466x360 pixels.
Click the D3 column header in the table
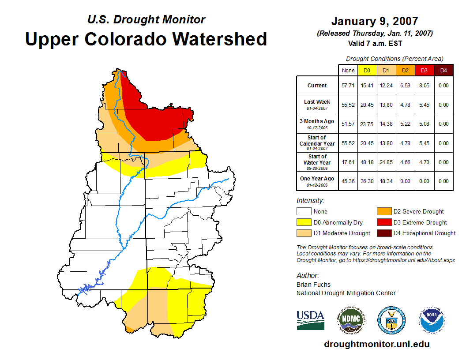[424, 70]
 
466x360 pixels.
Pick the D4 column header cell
[443, 70]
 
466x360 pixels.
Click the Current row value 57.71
[348, 86]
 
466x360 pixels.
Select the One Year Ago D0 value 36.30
[367, 181]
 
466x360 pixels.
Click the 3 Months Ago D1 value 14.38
[386, 124]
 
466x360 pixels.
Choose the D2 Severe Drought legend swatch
[383, 212]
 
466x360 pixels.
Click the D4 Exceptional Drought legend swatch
[383, 233]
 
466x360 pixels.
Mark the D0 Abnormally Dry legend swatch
[304, 222]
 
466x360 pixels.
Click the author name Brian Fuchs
[313, 285]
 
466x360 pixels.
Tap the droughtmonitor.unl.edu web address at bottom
[376, 344]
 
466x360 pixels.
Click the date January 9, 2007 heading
[375, 21]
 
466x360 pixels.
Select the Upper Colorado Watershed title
[146, 39]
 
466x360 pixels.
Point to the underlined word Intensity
[310, 201]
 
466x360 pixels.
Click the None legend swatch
[304, 212]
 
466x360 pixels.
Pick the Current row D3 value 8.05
[424, 86]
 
